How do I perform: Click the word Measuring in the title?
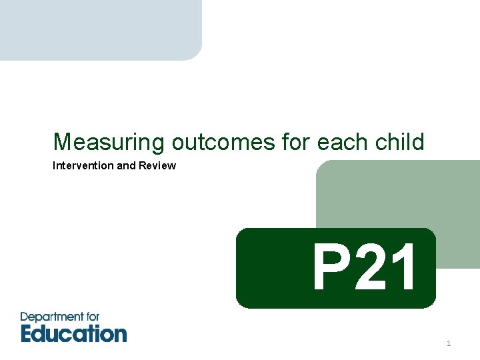pyautogui.click(x=109, y=142)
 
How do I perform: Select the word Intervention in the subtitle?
pyautogui.click(x=83, y=165)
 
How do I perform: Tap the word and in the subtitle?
pyautogui.click(x=125, y=165)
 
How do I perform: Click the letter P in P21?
pyautogui.click(x=330, y=268)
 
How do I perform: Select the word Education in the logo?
pyautogui.click(x=73, y=333)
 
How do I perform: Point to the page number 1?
pyautogui.click(x=449, y=343)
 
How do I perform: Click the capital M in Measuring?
pyautogui.click(x=61, y=142)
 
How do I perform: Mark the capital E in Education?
pyautogui.click(x=28, y=333)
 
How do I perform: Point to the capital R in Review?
pyautogui.click(x=143, y=165)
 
